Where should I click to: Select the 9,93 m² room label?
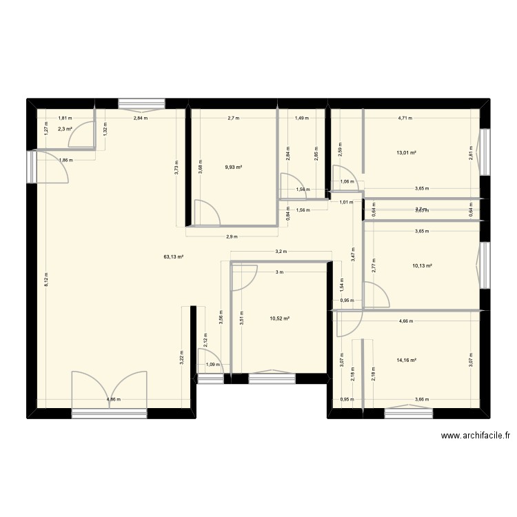click(234, 166)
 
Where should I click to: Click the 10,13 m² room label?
click(422, 265)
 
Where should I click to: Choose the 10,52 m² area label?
click(279, 318)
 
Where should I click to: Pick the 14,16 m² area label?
click(405, 360)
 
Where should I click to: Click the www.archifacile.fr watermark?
click(478, 436)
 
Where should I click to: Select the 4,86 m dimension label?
click(114, 400)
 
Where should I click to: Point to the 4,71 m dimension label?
click(404, 118)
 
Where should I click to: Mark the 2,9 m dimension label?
click(232, 236)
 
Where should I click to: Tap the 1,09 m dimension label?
click(213, 365)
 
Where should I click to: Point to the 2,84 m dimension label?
click(141, 118)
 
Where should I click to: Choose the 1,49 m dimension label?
click(301, 118)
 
